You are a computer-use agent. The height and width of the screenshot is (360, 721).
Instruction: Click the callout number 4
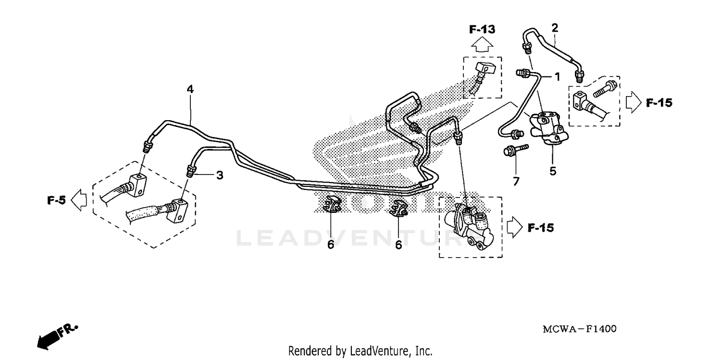coord(190,89)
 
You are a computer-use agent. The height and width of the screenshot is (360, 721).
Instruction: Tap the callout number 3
coord(220,175)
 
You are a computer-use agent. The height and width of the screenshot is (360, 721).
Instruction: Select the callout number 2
coord(555,28)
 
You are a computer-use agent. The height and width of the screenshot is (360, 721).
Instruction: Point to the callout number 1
coord(558,76)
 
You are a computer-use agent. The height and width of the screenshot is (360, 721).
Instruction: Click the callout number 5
coord(553,171)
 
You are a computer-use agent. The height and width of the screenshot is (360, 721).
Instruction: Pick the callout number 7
coord(516,182)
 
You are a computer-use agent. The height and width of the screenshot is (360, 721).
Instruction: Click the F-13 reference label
coord(482,30)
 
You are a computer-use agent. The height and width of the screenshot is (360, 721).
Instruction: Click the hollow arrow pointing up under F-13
coord(482,46)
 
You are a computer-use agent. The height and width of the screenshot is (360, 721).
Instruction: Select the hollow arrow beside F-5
coord(79,200)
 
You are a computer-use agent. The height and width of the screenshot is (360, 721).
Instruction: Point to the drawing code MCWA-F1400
coord(579,329)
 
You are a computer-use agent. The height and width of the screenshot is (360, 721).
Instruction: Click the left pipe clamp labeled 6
coord(332,206)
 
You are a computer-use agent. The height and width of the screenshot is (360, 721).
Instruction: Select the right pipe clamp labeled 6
coord(398,208)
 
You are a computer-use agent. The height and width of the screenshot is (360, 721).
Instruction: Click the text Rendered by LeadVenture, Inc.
coord(360,351)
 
